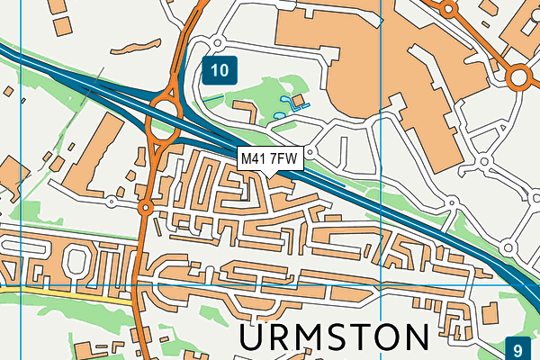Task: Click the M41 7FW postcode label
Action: (x=270, y=158)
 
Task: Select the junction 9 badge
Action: (x=518, y=348)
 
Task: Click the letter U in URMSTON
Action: (x=257, y=337)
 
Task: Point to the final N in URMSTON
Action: (x=412, y=337)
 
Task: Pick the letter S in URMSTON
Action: (x=323, y=337)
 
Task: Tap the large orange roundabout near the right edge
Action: (x=519, y=78)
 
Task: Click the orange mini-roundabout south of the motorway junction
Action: (x=145, y=209)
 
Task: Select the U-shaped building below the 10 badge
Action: (x=243, y=111)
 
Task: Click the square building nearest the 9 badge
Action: (x=490, y=310)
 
